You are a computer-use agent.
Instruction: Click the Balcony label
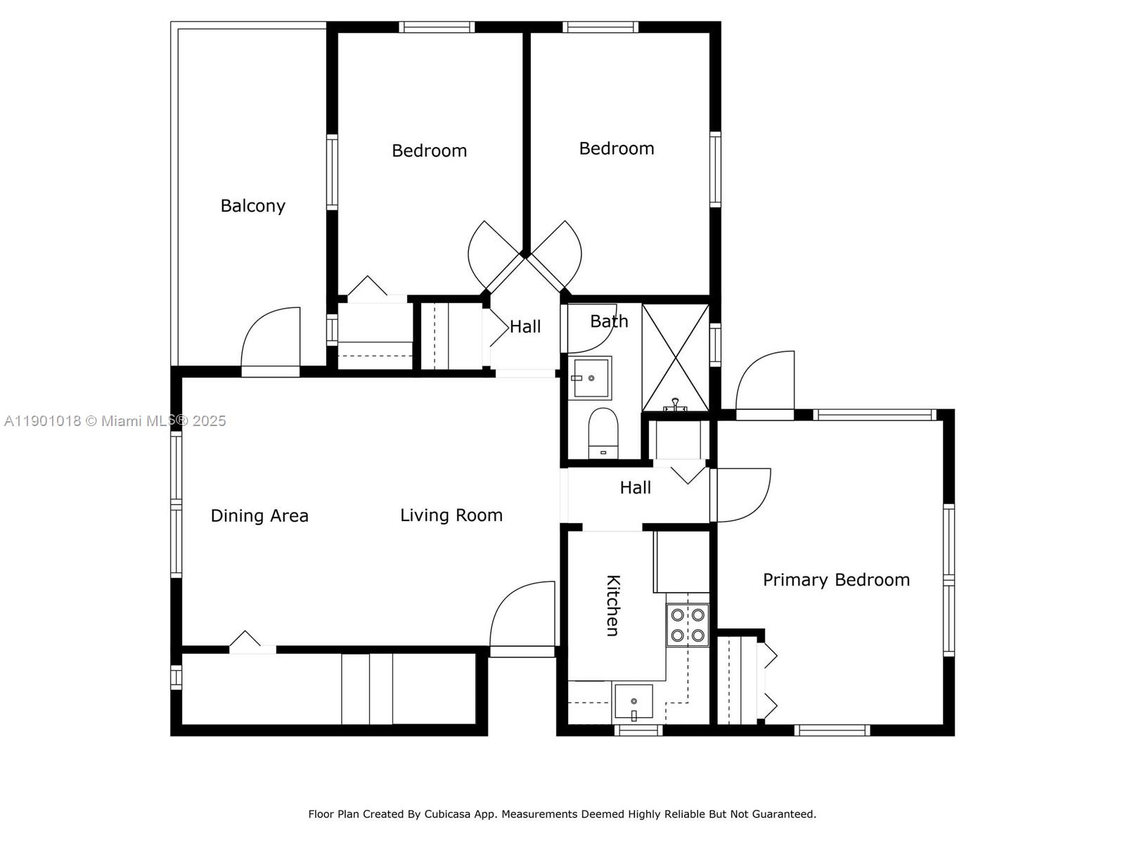(252, 206)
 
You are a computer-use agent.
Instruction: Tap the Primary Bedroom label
(836, 580)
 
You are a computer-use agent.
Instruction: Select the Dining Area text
(259, 516)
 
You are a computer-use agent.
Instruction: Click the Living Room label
(451, 515)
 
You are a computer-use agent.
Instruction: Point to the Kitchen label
(612, 605)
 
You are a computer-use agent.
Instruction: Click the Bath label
(609, 321)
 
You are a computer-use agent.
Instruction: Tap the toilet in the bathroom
(603, 433)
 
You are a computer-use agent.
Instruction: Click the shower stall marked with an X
(675, 357)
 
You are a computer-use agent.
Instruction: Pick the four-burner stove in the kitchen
(688, 625)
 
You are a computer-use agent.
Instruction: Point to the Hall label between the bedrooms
(525, 327)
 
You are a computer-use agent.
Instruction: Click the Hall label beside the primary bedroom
(635, 488)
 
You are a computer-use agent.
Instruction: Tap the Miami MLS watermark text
(115, 421)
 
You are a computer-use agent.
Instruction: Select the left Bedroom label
(429, 151)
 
